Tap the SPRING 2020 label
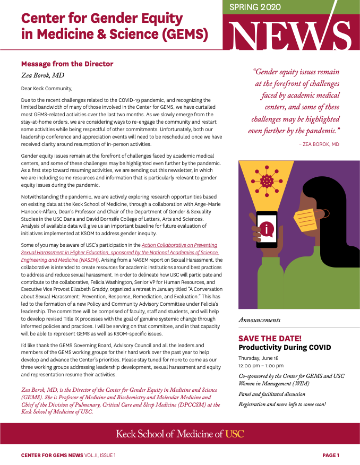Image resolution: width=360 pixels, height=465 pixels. pyautogui.click(x=254, y=7)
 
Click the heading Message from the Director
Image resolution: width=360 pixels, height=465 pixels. pyautogui.click(x=67, y=64)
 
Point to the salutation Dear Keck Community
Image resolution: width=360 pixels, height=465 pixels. pyautogui.click(x=47, y=88)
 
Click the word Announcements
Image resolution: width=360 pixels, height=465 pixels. pyautogui.click(x=259, y=320)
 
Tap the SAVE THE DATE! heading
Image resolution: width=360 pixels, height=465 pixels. pyautogui.click(x=270, y=338)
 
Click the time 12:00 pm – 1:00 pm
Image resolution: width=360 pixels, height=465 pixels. pyautogui.click(x=261, y=366)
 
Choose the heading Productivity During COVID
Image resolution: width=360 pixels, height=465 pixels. pyautogui.click(x=284, y=347)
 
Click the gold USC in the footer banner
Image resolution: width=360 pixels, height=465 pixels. pyautogui.click(x=234, y=434)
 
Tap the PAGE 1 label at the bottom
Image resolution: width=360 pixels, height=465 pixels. pyautogui.click(x=330, y=455)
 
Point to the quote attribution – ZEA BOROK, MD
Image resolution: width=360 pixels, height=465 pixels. pyautogui.click(x=319, y=144)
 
